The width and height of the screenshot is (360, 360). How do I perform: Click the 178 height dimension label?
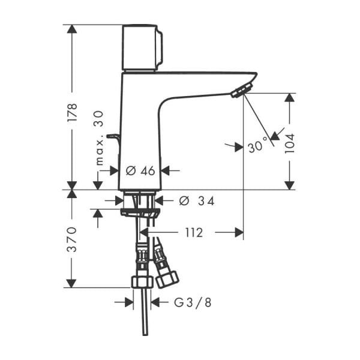pyautogui.click(x=72, y=113)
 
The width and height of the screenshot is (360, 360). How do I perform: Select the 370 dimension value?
pyautogui.click(x=72, y=239)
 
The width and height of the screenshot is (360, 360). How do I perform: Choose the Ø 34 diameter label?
pyautogui.click(x=197, y=200)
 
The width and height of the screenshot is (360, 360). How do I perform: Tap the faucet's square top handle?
pyautogui.click(x=142, y=47)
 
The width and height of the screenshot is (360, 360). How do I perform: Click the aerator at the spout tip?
pyautogui.click(x=241, y=91)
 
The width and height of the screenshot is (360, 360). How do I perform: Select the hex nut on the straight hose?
pyautogui.click(x=141, y=283)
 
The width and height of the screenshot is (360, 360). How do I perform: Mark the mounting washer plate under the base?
pyautogui.click(x=140, y=212)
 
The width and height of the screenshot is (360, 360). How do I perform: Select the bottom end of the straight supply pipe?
pyautogui.click(x=145, y=334)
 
